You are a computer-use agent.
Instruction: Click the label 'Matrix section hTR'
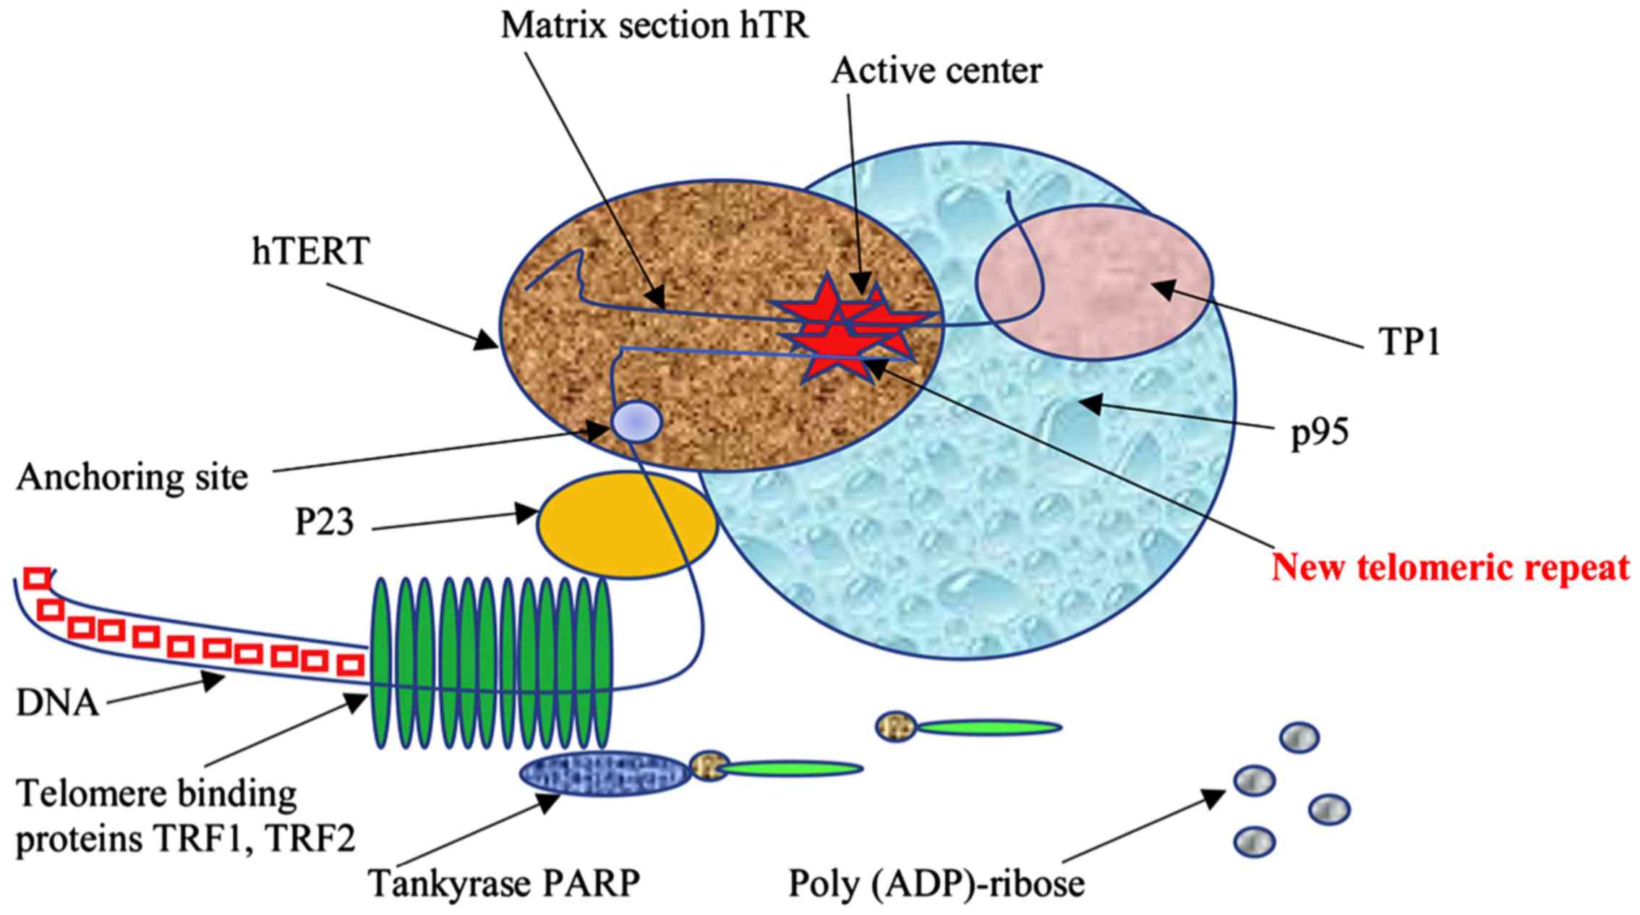(x=655, y=27)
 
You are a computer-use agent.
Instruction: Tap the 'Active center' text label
(x=936, y=72)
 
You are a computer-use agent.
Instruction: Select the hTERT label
(x=311, y=252)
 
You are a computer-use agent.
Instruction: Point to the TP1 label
(x=1409, y=341)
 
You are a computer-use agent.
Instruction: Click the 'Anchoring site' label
(x=132, y=478)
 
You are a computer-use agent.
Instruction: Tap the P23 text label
(x=325, y=522)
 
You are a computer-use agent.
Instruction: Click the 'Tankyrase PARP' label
(x=505, y=883)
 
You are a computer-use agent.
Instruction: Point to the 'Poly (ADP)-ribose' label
(x=936, y=884)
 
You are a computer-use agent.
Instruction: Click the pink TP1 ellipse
(x=1094, y=282)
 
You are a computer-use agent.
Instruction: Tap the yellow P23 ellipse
(x=627, y=524)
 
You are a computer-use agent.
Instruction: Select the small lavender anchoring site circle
(x=636, y=422)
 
